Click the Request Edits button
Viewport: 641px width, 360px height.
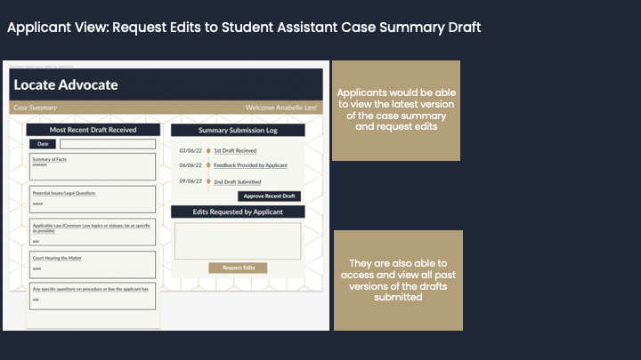click(x=238, y=268)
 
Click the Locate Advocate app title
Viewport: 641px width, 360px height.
click(x=65, y=85)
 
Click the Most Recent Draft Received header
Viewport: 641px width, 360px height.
click(x=93, y=130)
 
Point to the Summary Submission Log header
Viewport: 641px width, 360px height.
click(x=238, y=130)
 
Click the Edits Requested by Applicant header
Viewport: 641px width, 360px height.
click(x=238, y=212)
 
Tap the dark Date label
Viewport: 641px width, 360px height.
click(x=43, y=144)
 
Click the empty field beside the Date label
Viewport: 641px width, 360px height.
click(x=107, y=144)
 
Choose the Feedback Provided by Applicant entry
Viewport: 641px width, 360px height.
click(x=250, y=165)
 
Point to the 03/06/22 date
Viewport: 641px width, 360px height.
click(x=190, y=151)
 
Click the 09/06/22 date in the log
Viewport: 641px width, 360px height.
click(x=190, y=181)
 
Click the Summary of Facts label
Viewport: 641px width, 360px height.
click(x=50, y=159)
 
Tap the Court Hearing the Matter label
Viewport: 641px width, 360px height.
click(x=56, y=258)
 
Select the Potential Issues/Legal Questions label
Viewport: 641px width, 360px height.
click(x=64, y=193)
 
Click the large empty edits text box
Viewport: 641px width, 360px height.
click(x=238, y=241)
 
